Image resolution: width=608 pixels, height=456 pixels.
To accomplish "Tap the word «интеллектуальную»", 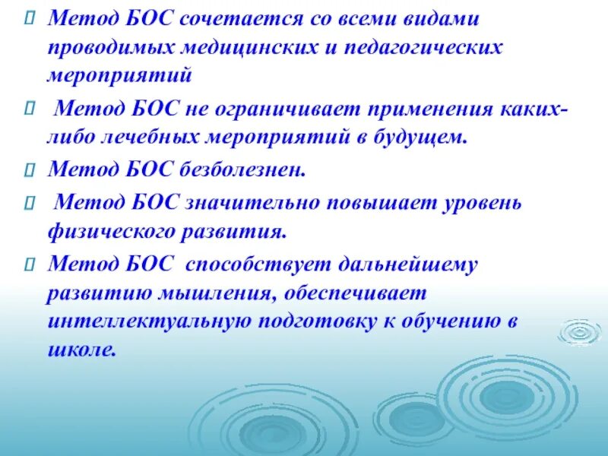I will (x=150, y=321).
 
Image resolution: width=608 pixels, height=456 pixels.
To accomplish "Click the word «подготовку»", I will (x=316, y=321).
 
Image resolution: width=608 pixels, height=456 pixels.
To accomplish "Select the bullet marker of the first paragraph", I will (x=29, y=17).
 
